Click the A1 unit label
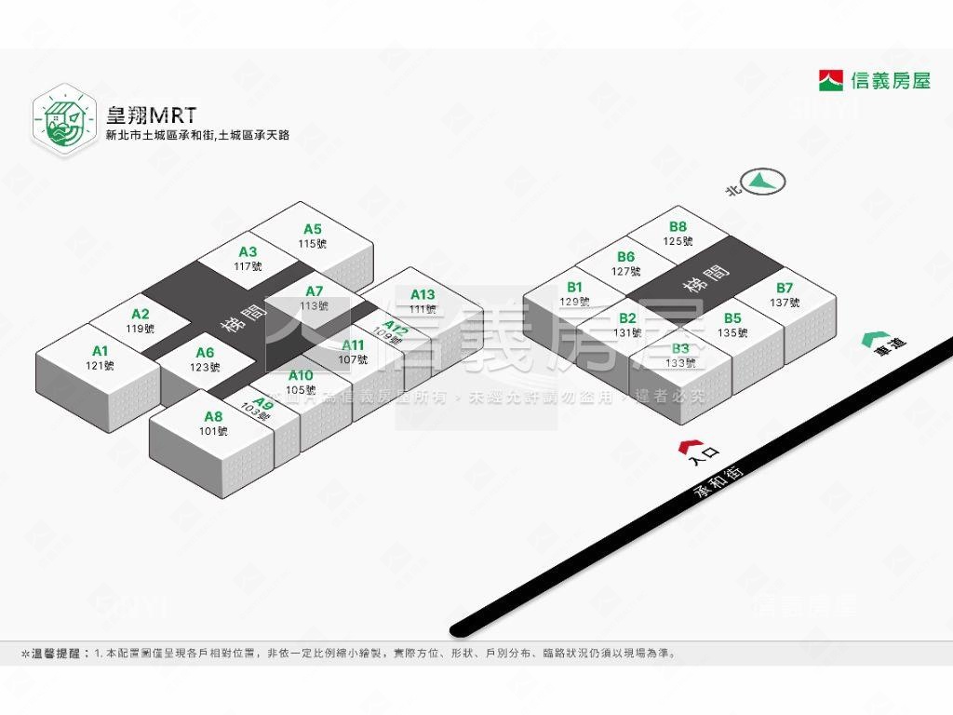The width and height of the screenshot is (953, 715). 101,351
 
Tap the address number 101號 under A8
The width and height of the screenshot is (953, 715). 213,431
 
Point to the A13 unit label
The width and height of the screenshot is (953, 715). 423,295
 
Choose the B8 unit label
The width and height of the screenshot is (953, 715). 678,226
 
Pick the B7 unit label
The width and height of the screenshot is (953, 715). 785,288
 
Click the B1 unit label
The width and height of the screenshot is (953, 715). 574,287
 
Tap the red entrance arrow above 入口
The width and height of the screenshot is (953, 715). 690,445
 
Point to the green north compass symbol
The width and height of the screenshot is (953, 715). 763,181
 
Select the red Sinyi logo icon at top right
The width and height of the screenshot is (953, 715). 831,80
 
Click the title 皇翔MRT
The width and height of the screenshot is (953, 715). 152,115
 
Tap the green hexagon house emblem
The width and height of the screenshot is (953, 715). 64,118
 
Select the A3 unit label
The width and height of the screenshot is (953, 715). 248,251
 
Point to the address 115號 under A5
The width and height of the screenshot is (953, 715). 313,244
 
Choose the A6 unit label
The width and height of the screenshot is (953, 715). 205,353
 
